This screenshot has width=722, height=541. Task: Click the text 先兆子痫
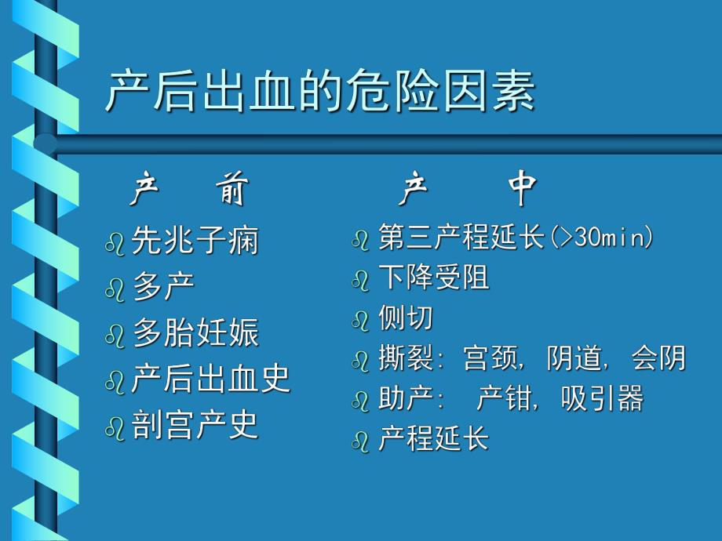(195, 241)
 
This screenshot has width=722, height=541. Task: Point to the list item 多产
(163, 287)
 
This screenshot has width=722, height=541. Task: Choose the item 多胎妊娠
(195, 333)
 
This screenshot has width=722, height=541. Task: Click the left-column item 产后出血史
(210, 379)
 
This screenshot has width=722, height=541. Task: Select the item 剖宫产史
(195, 426)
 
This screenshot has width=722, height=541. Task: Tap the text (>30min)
(601, 237)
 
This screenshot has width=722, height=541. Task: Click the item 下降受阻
(433, 278)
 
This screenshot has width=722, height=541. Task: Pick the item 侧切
(405, 318)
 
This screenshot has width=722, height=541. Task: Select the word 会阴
(658, 358)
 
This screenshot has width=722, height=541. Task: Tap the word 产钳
(503, 399)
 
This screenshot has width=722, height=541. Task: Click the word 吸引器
(602, 399)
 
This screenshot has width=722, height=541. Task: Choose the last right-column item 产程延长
(433, 438)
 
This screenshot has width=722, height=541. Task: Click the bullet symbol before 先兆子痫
(115, 243)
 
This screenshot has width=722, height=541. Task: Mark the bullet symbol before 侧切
(361, 321)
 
